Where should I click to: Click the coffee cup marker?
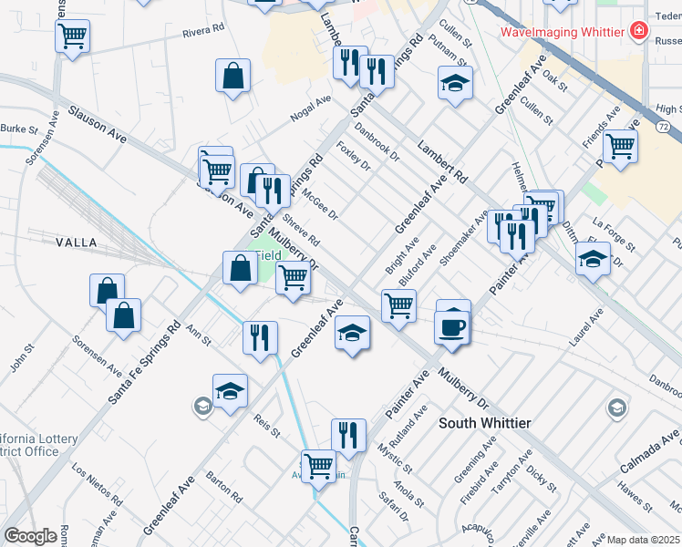coord(453,325)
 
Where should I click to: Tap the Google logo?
coord(30,536)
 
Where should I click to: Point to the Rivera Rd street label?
coord(202,33)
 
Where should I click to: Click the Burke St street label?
coord(18,129)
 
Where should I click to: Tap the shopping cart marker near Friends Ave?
coord(620,146)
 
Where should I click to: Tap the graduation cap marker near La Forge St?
coord(593,260)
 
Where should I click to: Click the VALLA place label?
coord(77,242)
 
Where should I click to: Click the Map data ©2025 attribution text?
coord(644,540)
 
